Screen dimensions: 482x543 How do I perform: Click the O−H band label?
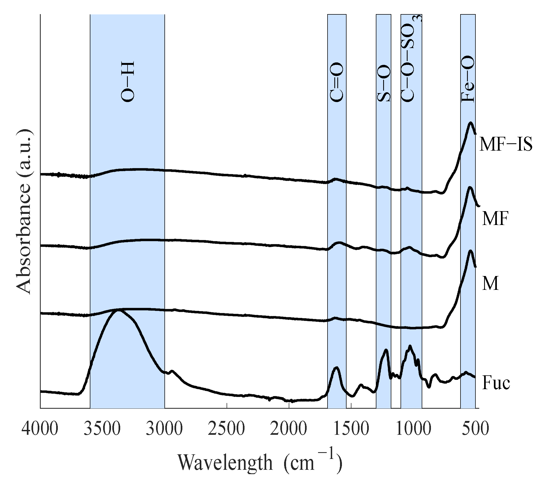point(127,82)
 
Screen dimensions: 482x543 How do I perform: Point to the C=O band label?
point(337,83)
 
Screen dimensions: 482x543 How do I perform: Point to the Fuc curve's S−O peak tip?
point(386,350)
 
